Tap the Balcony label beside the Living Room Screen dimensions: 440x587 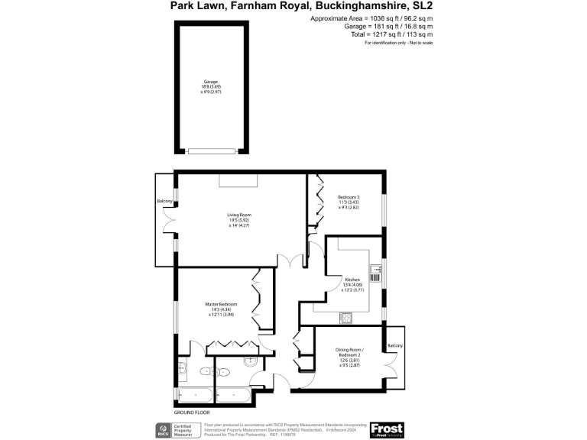click(x=164, y=202)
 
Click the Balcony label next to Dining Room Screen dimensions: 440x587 click(x=395, y=347)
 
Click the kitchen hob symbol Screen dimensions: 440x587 click(x=345, y=316)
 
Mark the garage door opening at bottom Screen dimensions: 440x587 click(x=211, y=150)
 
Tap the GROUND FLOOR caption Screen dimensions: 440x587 click(x=192, y=412)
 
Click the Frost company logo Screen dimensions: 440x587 click(x=386, y=430)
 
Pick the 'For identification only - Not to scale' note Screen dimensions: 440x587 click(x=398, y=43)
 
